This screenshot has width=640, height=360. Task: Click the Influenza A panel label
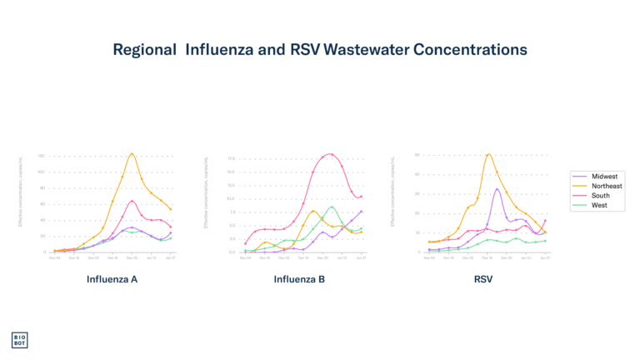pyautogui.click(x=112, y=279)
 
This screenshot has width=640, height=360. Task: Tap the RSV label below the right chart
pyautogui.click(x=483, y=279)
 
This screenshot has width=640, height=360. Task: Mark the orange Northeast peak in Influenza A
pyautogui.click(x=132, y=154)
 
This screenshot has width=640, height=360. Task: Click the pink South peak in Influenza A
pyautogui.click(x=132, y=200)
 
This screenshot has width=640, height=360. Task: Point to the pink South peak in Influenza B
pyautogui.click(x=330, y=153)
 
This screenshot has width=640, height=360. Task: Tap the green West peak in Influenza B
pyautogui.click(x=332, y=206)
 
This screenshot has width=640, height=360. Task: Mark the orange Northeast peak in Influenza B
pyautogui.click(x=313, y=210)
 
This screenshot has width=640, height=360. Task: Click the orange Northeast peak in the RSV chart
pyautogui.click(x=488, y=153)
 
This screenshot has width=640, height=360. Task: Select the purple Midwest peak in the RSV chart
pyautogui.click(x=497, y=188)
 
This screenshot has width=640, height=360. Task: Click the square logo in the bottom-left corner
pyautogui.click(x=19, y=340)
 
